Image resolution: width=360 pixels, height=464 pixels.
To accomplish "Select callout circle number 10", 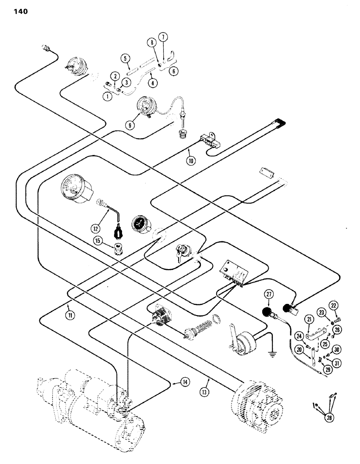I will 190,161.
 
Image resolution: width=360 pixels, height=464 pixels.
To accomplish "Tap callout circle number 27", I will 268,295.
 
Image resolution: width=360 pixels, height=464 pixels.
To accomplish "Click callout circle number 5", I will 124,58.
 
